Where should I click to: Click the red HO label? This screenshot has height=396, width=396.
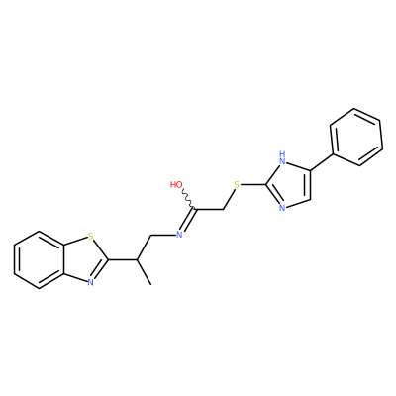176,185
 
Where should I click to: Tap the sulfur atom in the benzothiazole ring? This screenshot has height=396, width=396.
90,237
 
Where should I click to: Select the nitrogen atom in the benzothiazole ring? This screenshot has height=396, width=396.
90,282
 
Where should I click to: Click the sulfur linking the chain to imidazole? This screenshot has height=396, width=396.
237,185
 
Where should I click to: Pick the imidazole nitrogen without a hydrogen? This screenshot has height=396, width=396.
281,208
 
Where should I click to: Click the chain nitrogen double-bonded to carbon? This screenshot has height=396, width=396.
179,235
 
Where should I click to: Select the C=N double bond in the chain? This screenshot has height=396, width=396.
188,221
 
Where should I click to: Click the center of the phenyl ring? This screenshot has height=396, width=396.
356,137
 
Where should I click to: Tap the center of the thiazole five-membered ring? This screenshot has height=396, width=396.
83,259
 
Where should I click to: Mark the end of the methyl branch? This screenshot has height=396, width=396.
150,284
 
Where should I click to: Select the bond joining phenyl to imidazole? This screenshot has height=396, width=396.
321,162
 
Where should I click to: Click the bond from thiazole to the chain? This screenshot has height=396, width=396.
123,259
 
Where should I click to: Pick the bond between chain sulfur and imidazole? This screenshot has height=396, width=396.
253,185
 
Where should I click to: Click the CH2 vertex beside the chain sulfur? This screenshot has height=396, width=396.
224,209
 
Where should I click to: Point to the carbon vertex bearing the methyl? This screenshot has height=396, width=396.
137,259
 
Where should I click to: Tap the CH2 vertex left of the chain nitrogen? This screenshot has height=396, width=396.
150,236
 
